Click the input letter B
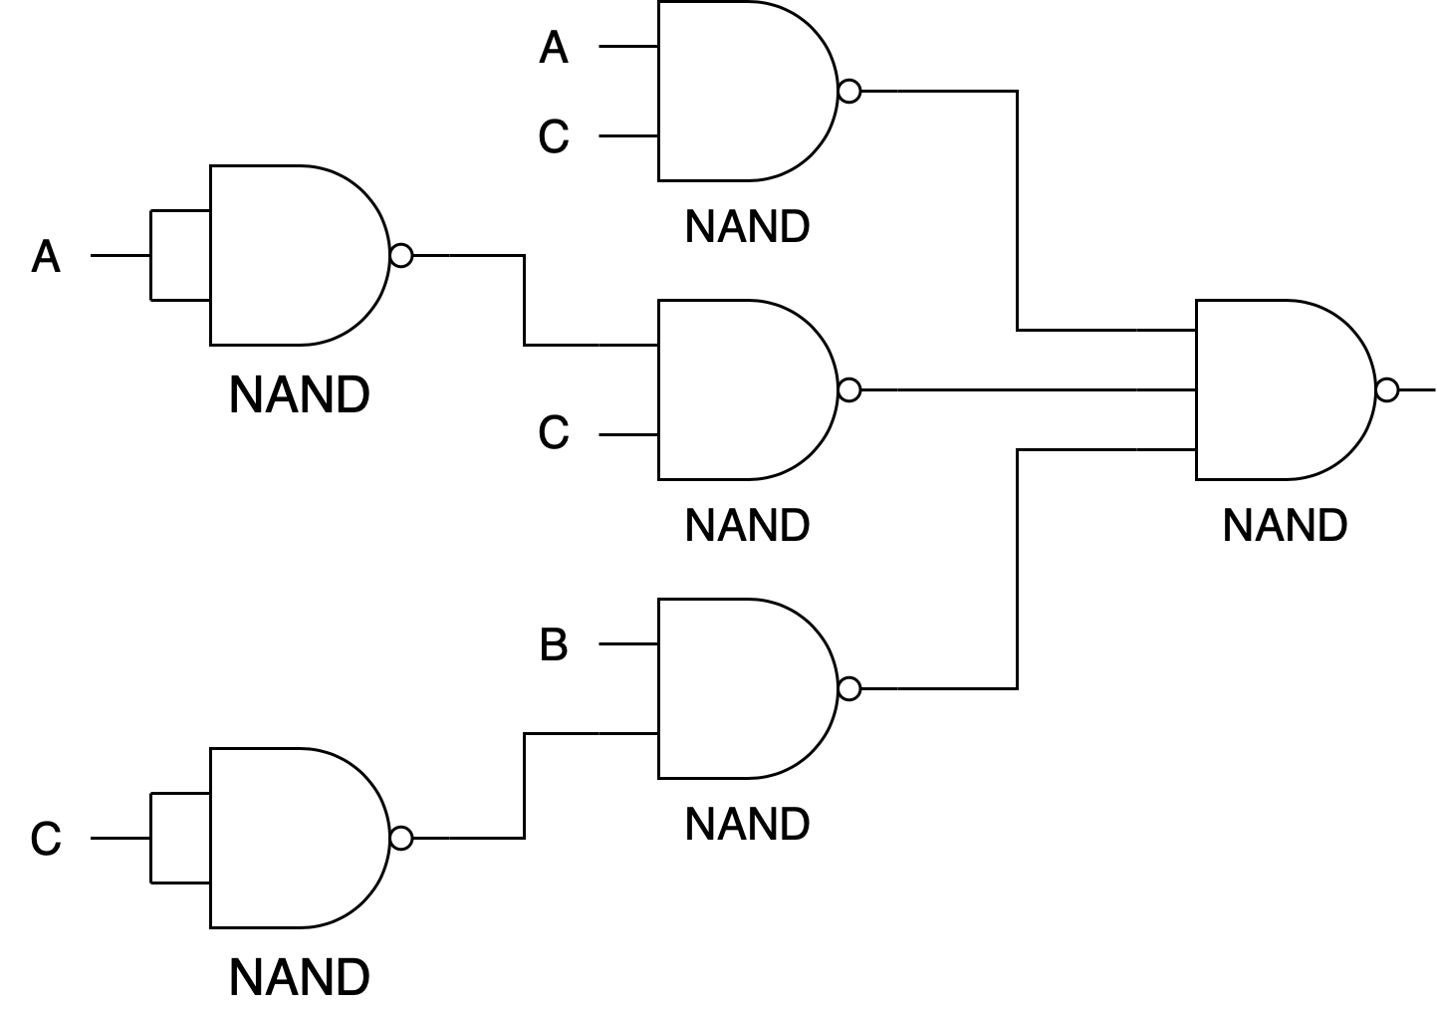coord(554,644)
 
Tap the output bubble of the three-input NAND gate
coord(1386,389)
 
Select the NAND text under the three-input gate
coord(1285,526)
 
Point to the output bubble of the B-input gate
coord(849,689)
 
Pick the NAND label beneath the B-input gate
coord(747,825)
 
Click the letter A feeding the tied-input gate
coord(46,257)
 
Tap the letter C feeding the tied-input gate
coord(46,839)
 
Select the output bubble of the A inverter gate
coord(401,255)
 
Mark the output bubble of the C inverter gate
coord(401,838)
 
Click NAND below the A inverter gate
coord(299,394)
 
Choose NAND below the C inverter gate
coord(299,977)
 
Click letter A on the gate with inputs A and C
coord(554,48)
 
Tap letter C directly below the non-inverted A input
coord(554,136)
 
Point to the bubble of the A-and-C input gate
coord(849,91)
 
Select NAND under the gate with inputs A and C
coord(747,226)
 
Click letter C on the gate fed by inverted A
coord(554,432)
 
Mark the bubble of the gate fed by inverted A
coord(849,389)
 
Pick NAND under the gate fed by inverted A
coord(747,526)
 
